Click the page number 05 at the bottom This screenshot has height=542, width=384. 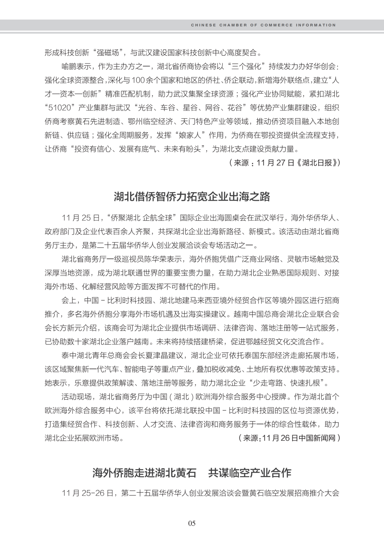[192, 523]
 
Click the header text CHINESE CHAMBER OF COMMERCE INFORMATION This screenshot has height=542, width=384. [263, 25]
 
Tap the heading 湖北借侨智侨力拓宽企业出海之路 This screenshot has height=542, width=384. [192, 196]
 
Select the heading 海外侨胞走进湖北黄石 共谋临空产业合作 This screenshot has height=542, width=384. [192, 473]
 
